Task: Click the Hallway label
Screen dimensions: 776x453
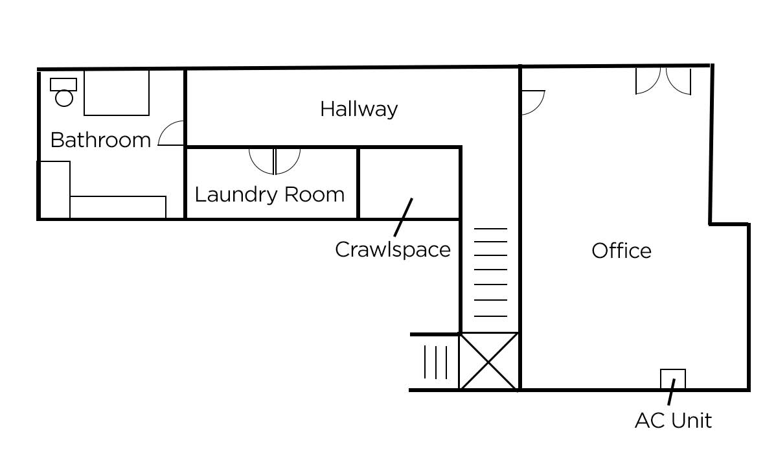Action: (359, 110)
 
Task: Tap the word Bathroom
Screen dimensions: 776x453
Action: (100, 140)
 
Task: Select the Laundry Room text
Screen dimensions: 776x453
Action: (269, 194)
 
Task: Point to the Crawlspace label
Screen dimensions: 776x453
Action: (393, 250)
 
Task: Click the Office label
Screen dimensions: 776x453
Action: (622, 251)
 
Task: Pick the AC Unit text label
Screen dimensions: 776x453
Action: (673, 421)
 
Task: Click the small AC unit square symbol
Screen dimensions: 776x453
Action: (673, 378)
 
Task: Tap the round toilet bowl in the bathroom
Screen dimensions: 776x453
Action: (64, 98)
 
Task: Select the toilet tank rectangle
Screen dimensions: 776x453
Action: (63, 84)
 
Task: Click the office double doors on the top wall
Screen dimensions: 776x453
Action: (663, 81)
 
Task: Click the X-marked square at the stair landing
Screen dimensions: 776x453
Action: (489, 362)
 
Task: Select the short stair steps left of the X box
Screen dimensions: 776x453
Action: (435, 362)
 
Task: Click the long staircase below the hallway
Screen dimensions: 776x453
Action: (490, 272)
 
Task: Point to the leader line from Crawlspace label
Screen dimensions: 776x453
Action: (404, 217)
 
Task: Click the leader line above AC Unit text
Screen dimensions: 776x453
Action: (671, 392)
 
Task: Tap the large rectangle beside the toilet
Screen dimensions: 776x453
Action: (117, 93)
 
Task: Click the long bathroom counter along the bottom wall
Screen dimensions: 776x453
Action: (118, 207)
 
